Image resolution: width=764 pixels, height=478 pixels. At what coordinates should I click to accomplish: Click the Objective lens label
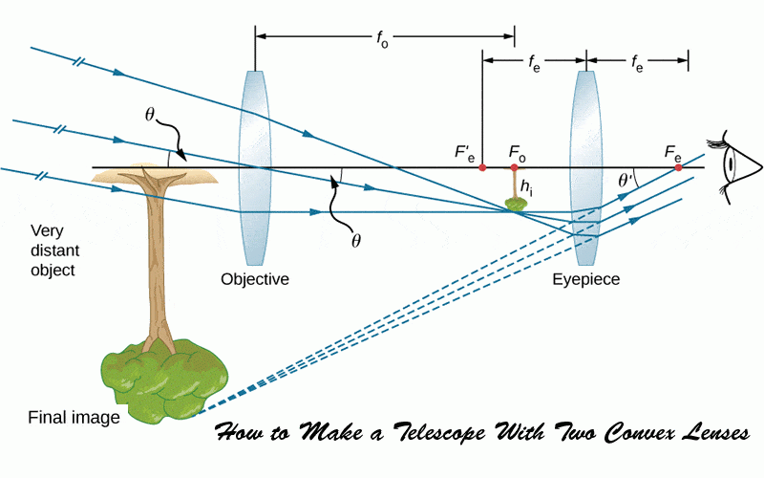255,280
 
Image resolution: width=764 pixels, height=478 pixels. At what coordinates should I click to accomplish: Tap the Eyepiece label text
586,280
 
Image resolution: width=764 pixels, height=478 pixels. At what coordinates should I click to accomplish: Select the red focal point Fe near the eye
678,167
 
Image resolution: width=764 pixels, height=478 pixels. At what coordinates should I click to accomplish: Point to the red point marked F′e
482,167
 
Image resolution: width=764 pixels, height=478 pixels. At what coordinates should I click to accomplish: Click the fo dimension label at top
382,38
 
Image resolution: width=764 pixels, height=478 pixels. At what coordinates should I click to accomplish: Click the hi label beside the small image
526,186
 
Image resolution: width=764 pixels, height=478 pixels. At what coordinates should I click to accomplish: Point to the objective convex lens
254,167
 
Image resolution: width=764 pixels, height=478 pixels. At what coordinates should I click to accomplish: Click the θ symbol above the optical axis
150,114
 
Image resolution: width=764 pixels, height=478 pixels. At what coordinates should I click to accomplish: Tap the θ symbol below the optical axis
355,240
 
